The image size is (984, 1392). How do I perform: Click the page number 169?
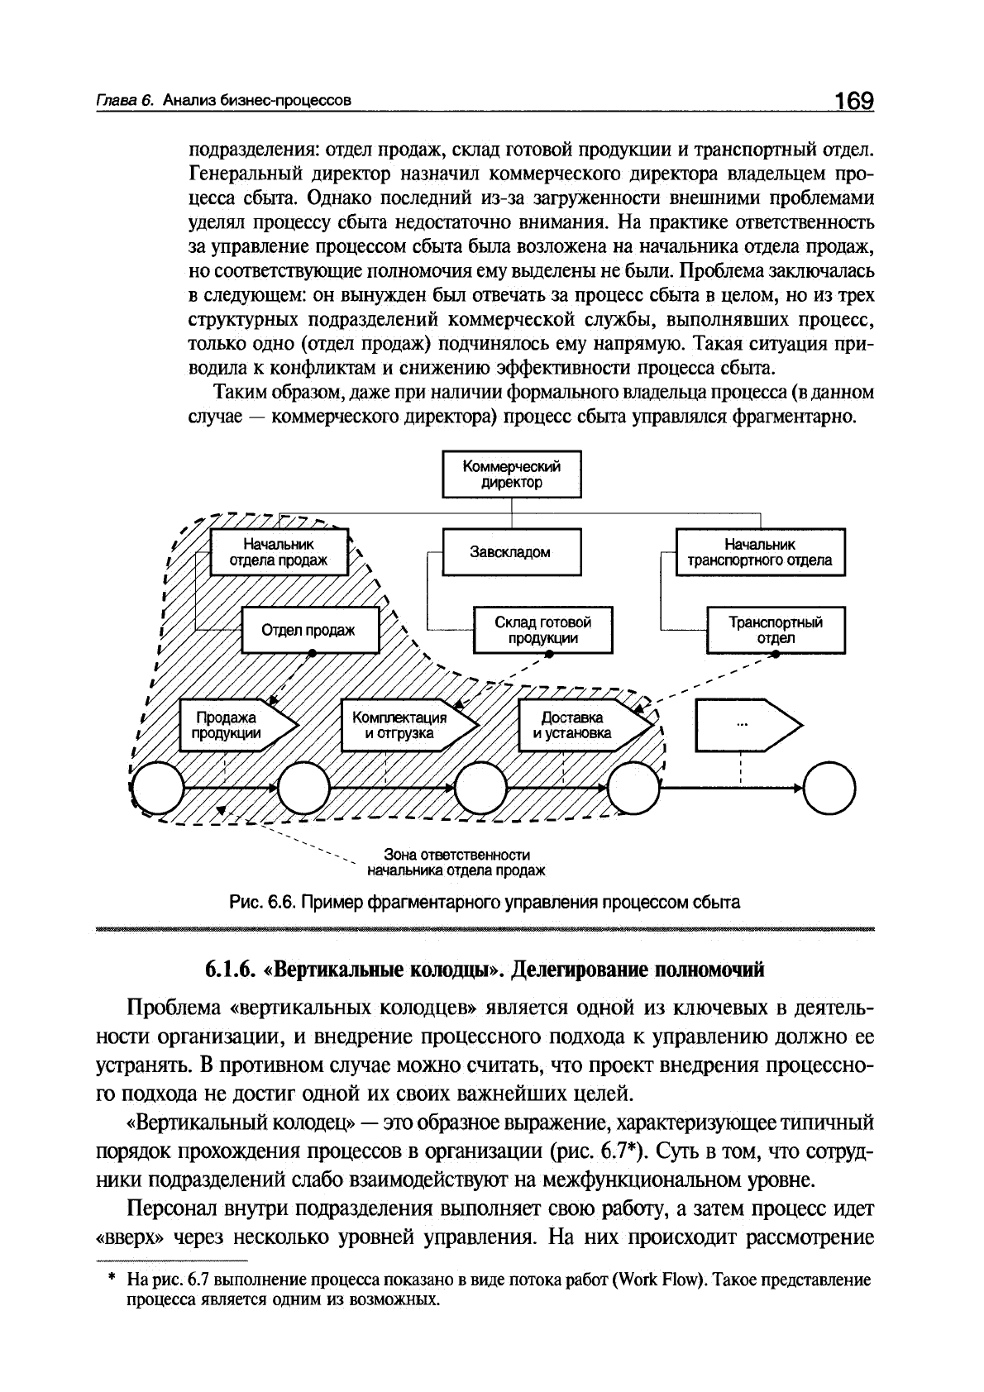pyautogui.click(x=853, y=101)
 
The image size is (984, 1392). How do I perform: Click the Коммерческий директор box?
pyautogui.click(x=512, y=474)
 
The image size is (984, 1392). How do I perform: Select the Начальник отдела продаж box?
pyautogui.click(x=279, y=552)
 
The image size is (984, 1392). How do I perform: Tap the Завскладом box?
pyautogui.click(x=512, y=552)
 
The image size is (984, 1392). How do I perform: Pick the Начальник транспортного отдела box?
pyautogui.click(x=760, y=552)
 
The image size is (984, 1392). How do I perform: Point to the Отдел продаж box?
pyautogui.click(x=309, y=630)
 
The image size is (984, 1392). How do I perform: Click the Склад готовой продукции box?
pyautogui.click(x=542, y=630)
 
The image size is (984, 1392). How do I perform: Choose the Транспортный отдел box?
pyautogui.click(x=776, y=630)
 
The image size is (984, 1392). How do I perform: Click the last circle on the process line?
pyautogui.click(x=829, y=789)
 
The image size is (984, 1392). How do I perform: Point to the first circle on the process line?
pyautogui.click(x=157, y=789)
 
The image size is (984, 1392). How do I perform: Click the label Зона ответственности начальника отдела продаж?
pyautogui.click(x=456, y=862)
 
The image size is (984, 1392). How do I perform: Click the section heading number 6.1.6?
pyautogui.click(x=229, y=969)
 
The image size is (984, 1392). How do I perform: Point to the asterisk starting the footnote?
pyautogui.click(x=110, y=1279)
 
